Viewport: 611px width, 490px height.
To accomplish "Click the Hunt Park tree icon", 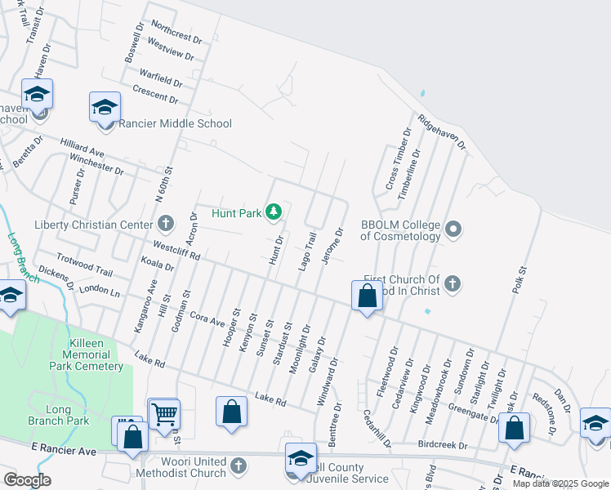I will pyautogui.click(x=273, y=213).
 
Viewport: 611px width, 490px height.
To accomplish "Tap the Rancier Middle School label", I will pyautogui.click(x=176, y=124).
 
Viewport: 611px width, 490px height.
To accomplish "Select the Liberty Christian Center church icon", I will pyautogui.click(x=166, y=224).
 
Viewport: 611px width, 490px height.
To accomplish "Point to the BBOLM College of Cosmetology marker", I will pyautogui.click(x=454, y=229).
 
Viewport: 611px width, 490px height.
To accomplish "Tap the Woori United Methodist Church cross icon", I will pyautogui.click(x=238, y=465).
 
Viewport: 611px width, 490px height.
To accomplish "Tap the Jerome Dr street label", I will pyautogui.click(x=332, y=246).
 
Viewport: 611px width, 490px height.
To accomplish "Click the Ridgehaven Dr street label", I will pyautogui.click(x=441, y=131).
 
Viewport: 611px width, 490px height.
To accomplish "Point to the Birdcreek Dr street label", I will pyautogui.click(x=442, y=447).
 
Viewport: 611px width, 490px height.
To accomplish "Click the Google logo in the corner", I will pyautogui.click(x=26, y=480).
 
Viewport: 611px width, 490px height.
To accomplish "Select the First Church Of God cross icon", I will pyautogui.click(x=453, y=284).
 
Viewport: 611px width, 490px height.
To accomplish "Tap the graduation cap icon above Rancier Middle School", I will pyautogui.click(x=105, y=108).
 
